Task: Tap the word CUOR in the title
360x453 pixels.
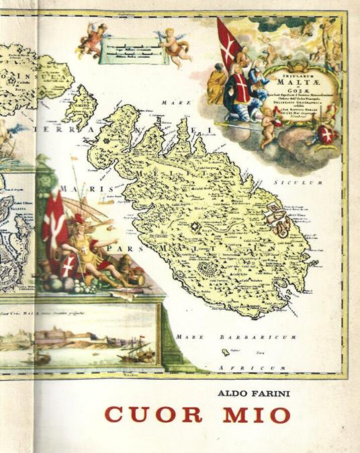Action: point(153,415)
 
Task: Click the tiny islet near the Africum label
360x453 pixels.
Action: point(226,352)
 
